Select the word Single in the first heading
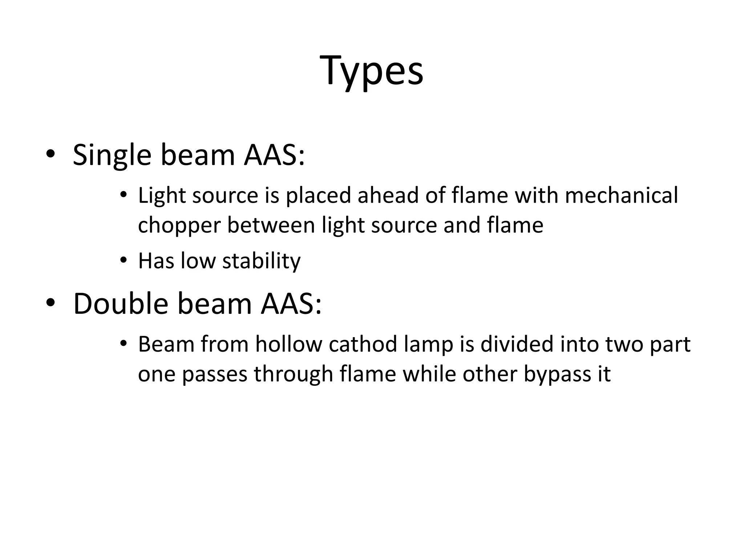coord(112,155)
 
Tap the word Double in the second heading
coord(120,304)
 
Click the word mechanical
coord(621,195)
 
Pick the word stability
coord(261,261)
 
